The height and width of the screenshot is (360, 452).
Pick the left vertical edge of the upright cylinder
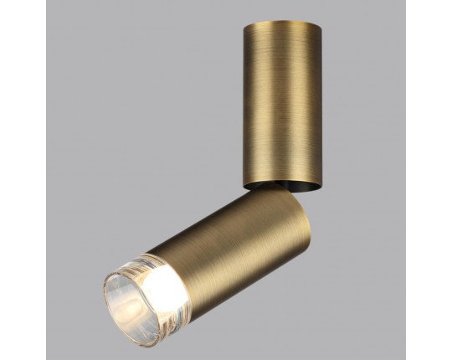(245, 100)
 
